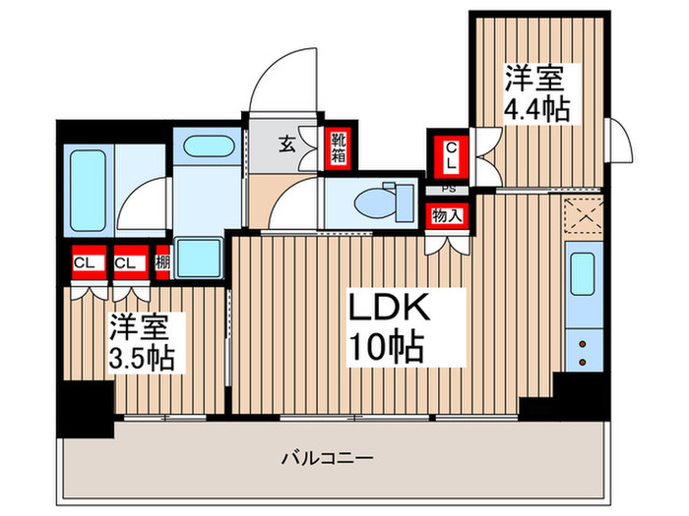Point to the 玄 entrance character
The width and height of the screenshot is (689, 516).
[x=285, y=144]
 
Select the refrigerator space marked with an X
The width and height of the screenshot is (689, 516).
[x=580, y=213]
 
